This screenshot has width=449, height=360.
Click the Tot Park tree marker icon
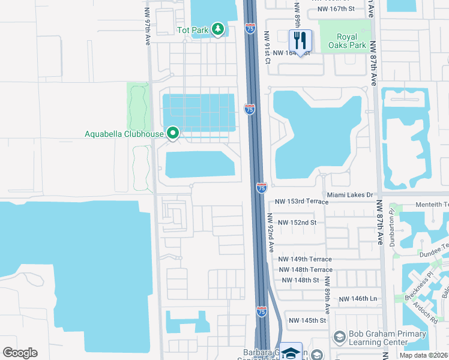[x=218, y=29]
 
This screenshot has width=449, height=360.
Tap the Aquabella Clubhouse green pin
[x=173, y=133]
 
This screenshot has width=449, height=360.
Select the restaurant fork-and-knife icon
[x=300, y=41]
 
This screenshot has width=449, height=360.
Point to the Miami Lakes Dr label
[x=350, y=195]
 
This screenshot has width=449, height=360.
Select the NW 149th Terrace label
[x=306, y=259]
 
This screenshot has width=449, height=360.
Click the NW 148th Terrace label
[x=306, y=269]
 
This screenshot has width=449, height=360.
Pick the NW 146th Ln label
[x=358, y=299]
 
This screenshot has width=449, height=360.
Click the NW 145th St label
[x=307, y=320]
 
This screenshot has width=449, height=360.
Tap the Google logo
[x=20, y=353]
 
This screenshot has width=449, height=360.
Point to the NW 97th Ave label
[x=147, y=19]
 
